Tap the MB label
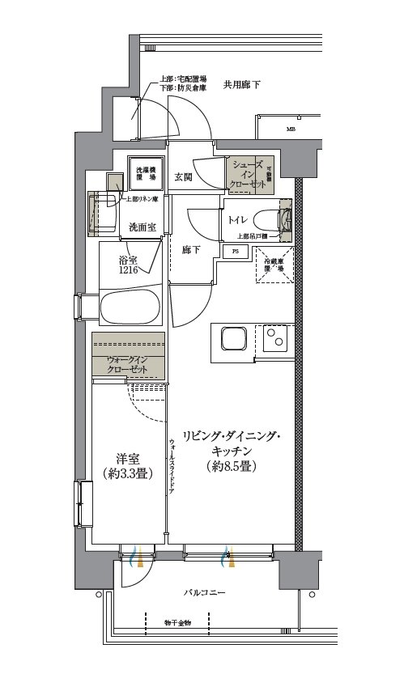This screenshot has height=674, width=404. [x=289, y=129]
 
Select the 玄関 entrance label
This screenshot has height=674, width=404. [x=183, y=178]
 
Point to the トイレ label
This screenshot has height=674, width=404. [x=237, y=220]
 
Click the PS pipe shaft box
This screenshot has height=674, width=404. [x=236, y=252]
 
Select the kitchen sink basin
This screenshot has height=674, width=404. [x=232, y=339]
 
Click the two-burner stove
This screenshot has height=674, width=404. [x=276, y=340]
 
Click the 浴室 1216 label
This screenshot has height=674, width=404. [x=130, y=266]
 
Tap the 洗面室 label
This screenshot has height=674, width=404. [x=142, y=227]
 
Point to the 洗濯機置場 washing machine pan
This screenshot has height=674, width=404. [x=146, y=172]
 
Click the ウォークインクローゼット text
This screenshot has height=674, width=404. [x=127, y=364]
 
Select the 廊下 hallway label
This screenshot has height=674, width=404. [x=191, y=251]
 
